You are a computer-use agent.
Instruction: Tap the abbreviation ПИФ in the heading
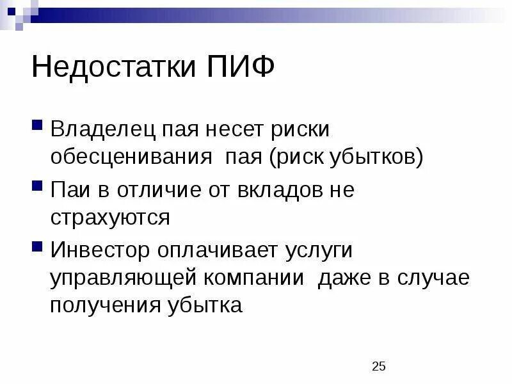click(x=240, y=67)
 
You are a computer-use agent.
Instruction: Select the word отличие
click(x=148, y=191)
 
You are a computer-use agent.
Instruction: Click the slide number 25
click(x=379, y=367)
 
